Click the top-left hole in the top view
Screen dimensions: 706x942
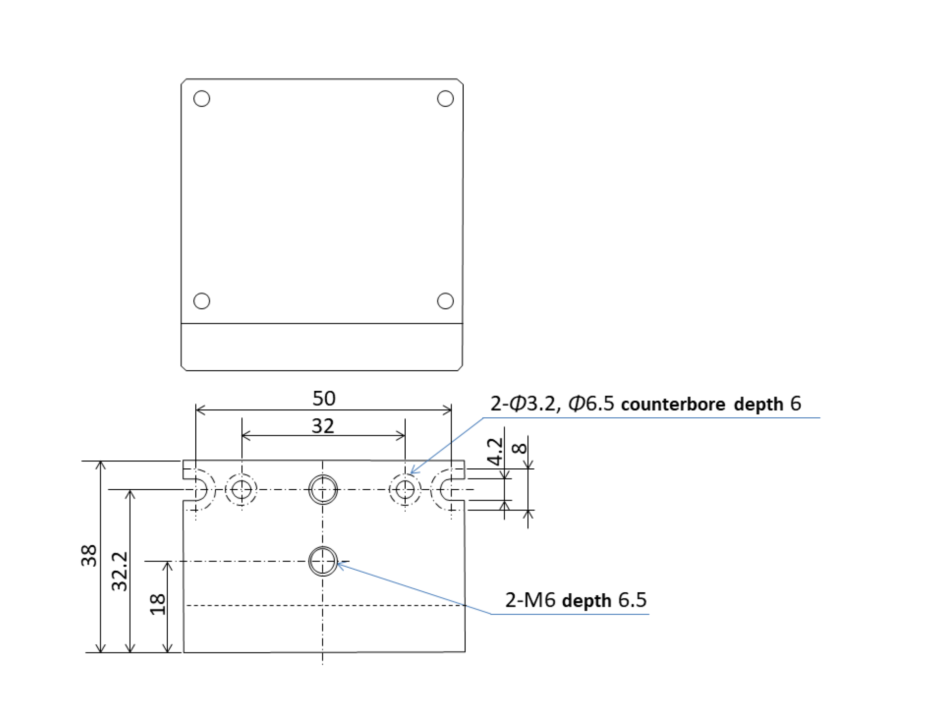tap(202, 99)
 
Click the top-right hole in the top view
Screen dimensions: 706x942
tap(445, 99)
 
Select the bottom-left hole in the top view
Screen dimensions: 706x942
tap(202, 301)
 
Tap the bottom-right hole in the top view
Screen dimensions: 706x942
tap(445, 301)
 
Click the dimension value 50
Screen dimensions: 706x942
tap(324, 398)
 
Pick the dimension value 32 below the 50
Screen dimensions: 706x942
tap(323, 426)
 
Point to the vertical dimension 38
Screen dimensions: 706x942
tap(89, 555)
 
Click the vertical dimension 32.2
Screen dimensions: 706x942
tap(120, 571)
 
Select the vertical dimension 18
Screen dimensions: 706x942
tap(157, 605)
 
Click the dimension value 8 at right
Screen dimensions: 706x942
tap(519, 448)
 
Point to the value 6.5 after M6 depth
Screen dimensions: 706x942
tap(632, 600)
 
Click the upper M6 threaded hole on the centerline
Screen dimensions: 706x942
tap(323, 489)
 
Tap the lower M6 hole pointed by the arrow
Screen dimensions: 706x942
tap(323, 561)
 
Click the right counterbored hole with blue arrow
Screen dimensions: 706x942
tap(405, 489)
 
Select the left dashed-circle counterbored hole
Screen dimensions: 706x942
tap(241, 489)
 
